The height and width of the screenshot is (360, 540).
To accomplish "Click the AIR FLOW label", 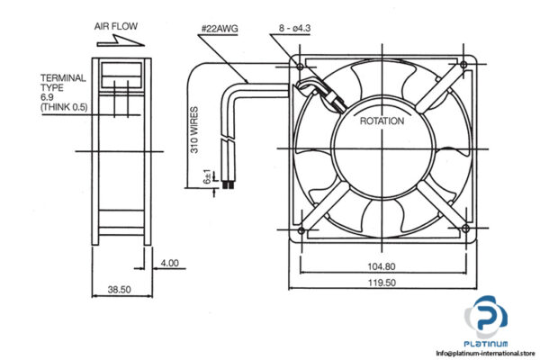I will click(115, 26).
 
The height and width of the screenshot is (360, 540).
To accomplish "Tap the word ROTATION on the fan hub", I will click(382, 121).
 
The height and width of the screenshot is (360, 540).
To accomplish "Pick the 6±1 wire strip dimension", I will click(208, 176).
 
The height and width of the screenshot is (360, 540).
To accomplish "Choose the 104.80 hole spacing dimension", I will click(382, 266).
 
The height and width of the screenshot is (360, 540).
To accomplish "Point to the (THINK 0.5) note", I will click(64, 107).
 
